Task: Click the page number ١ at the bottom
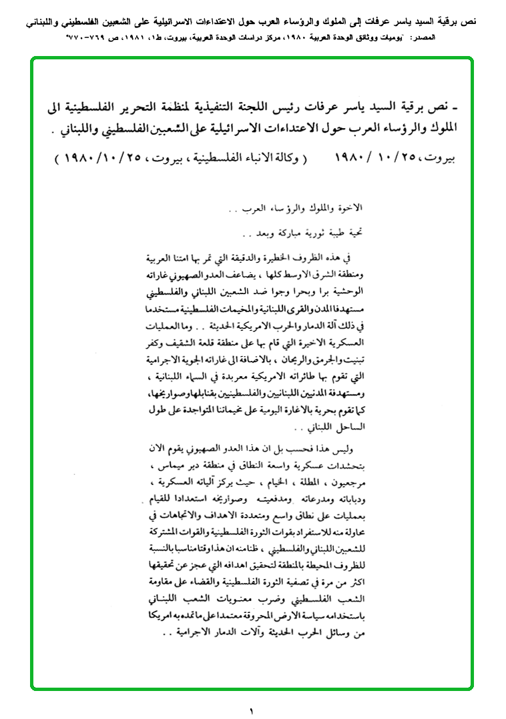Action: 252,710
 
